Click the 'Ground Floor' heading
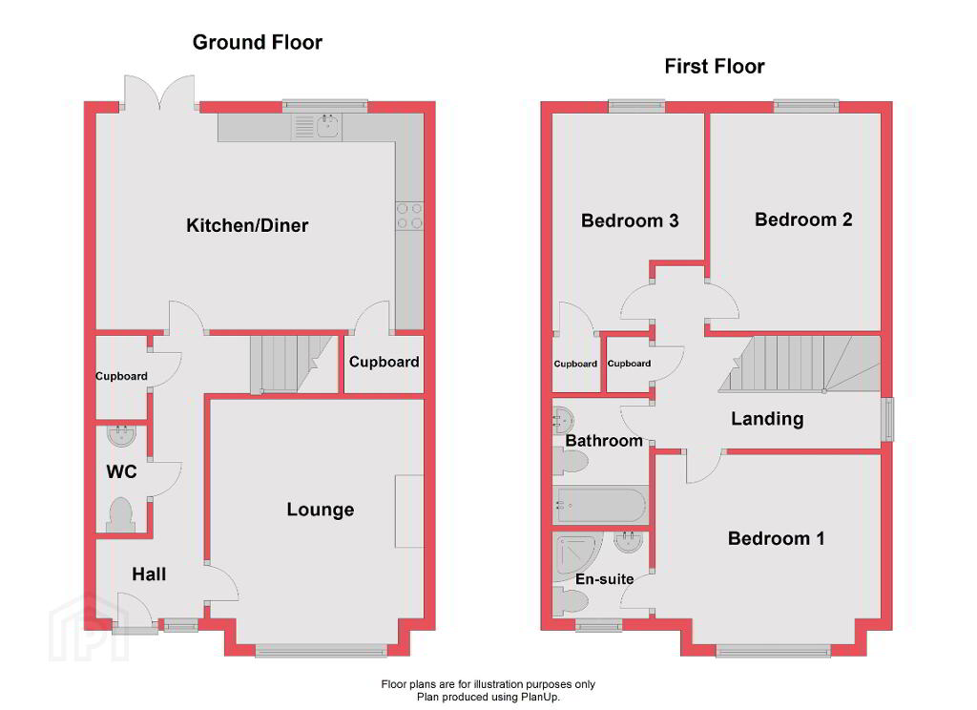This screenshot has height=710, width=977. pyautogui.click(x=258, y=42)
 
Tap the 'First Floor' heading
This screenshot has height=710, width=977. pyautogui.click(x=714, y=66)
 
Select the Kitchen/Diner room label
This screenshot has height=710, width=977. pyautogui.click(x=247, y=225)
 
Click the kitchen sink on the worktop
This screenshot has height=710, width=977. pyautogui.click(x=328, y=127)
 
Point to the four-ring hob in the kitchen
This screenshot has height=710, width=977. pyautogui.click(x=409, y=216)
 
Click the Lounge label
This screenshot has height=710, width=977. pyautogui.click(x=321, y=510)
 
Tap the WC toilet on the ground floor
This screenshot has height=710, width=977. pyautogui.click(x=120, y=515)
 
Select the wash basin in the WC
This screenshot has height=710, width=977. pyautogui.click(x=120, y=435)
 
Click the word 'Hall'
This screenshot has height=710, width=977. pyautogui.click(x=149, y=574)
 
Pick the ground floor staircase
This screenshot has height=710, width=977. pyautogui.click(x=292, y=365)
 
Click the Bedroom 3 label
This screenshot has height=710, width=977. pyautogui.click(x=630, y=220)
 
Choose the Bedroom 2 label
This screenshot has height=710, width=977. pyautogui.click(x=803, y=219)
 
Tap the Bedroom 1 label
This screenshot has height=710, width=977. pyautogui.click(x=776, y=538)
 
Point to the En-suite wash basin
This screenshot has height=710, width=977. pyautogui.click(x=628, y=542)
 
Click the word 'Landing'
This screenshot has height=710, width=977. pyautogui.click(x=767, y=419)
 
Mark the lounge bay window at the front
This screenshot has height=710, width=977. pyautogui.click(x=322, y=652)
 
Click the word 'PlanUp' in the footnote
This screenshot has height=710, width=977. pyautogui.click(x=541, y=697)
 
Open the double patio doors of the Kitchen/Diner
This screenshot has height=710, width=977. pyautogui.click(x=159, y=94)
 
